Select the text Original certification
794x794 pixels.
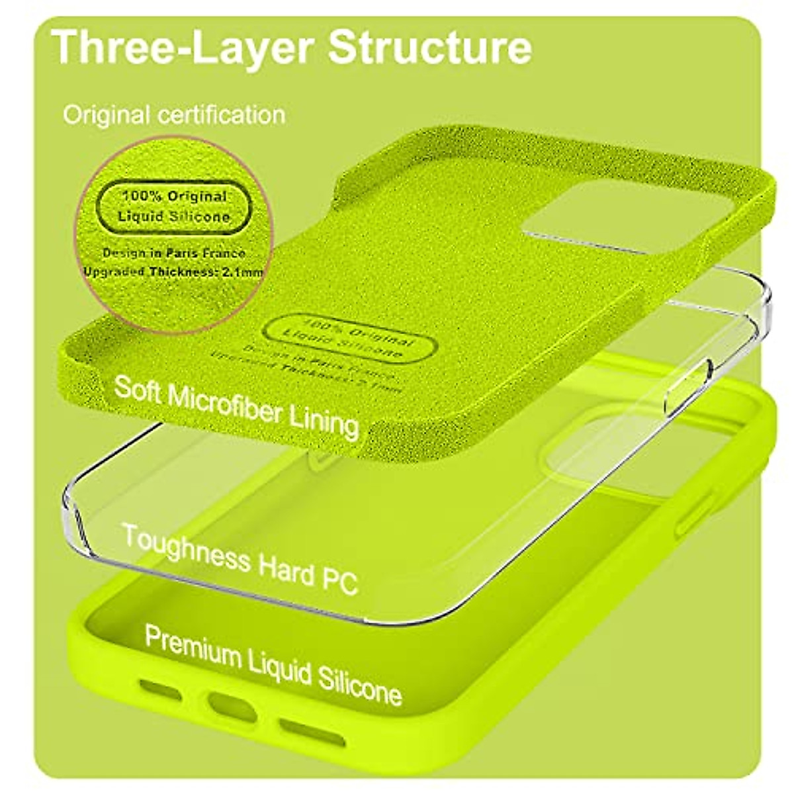pos(174,115)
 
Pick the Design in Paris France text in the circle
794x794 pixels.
pos(174,253)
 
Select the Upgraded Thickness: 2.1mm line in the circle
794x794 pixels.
pos(173,271)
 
